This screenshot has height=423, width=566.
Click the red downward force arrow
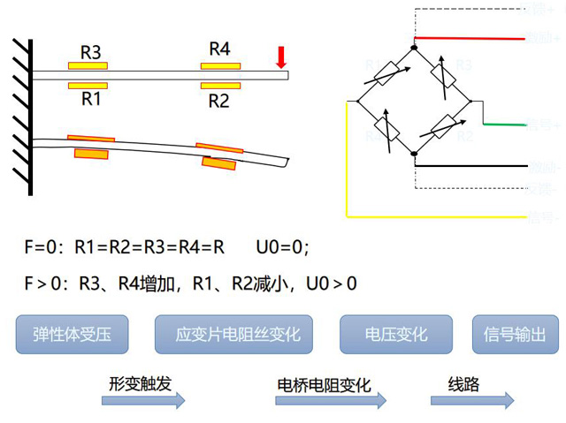[x=281, y=57]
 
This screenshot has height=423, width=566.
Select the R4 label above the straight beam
[x=219, y=49]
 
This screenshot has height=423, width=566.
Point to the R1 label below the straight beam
[x=90, y=99]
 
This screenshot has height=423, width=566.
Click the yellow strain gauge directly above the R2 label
[x=218, y=86]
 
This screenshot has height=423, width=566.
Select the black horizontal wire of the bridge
[x=473, y=165]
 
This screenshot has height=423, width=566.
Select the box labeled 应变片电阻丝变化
[x=238, y=335]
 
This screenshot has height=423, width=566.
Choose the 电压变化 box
[x=396, y=335]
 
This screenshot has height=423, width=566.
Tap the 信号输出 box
[x=516, y=335]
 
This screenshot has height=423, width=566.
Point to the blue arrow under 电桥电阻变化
[x=331, y=401]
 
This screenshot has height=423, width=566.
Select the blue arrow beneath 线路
[x=471, y=401]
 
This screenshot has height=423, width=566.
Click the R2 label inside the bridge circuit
[x=464, y=136]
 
